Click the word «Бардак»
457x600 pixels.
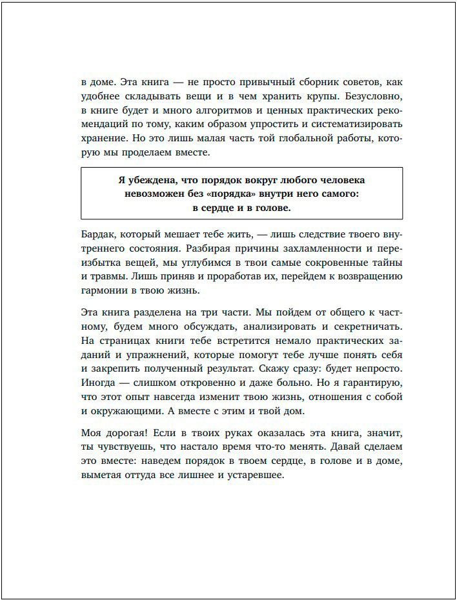(x=99, y=235)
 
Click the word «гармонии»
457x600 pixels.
(x=105, y=292)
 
